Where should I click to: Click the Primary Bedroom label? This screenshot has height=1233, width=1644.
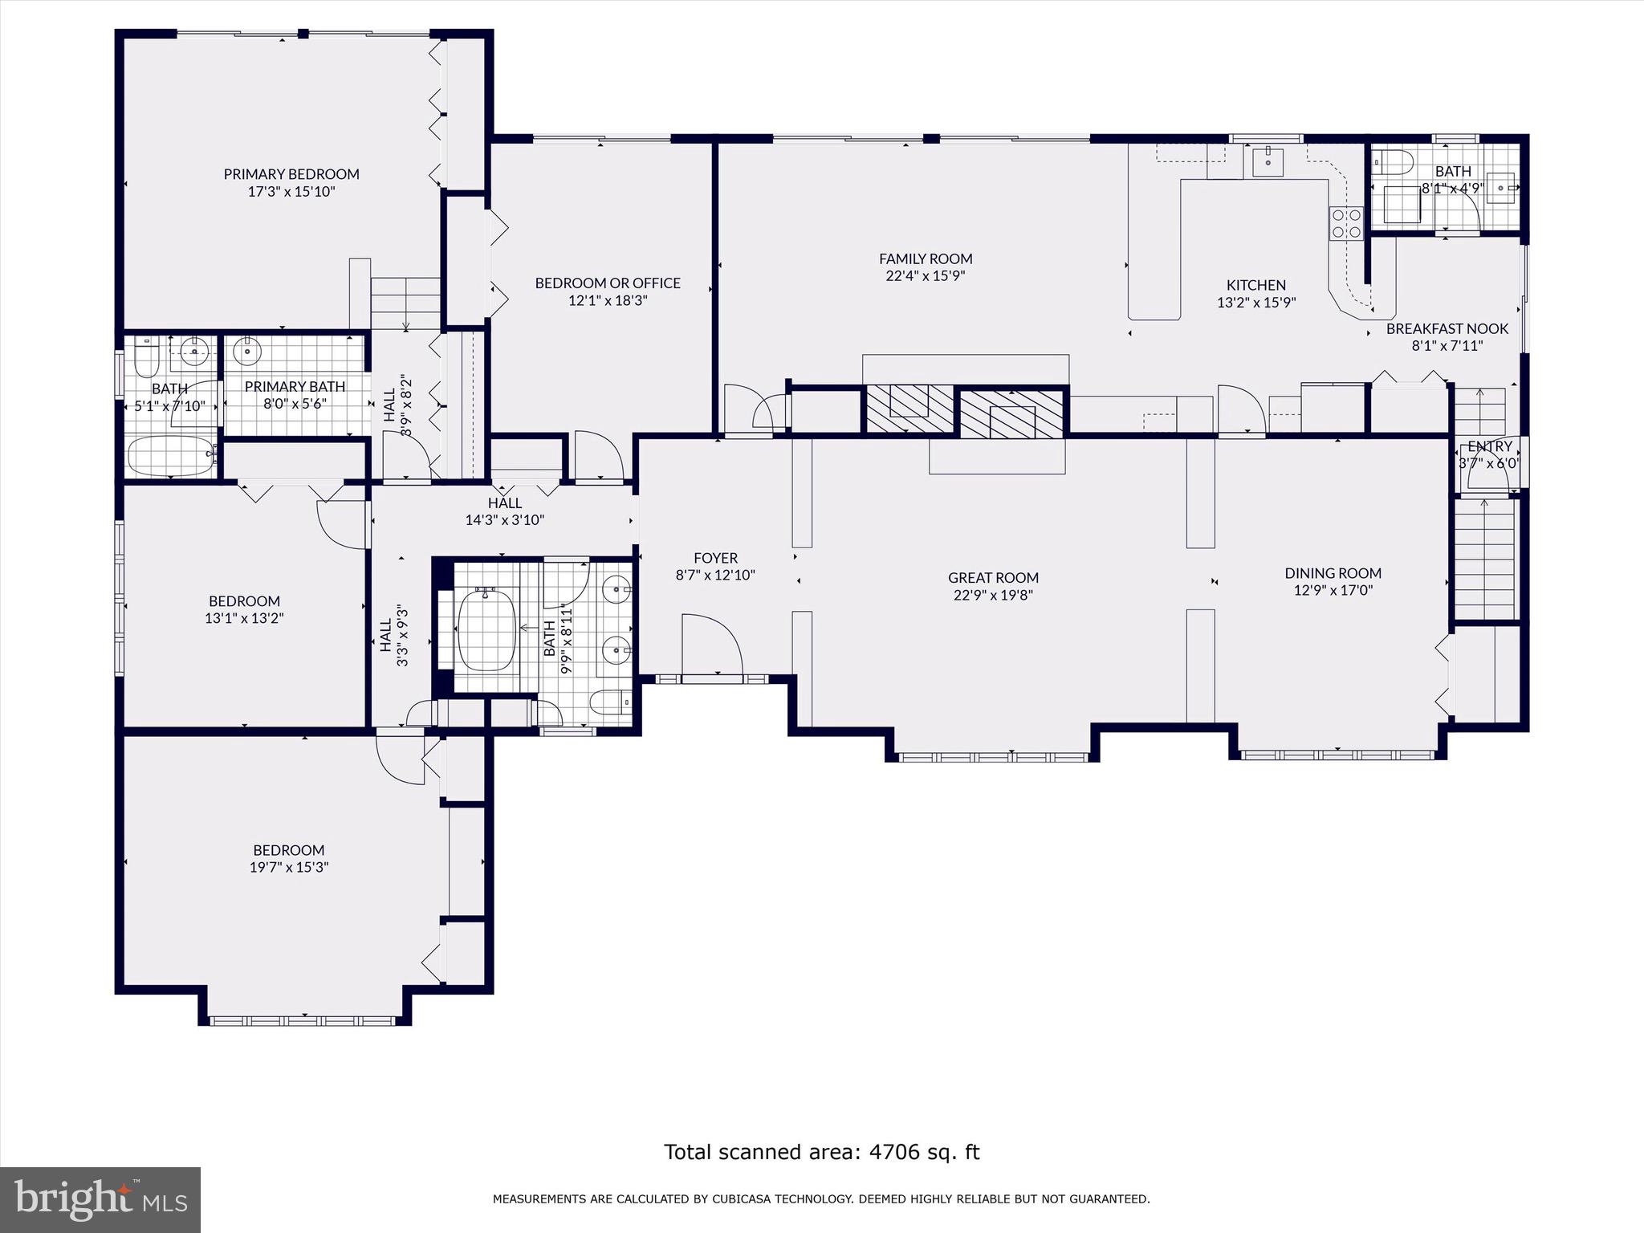click(291, 173)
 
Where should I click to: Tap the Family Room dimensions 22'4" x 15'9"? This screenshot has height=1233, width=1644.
click(925, 276)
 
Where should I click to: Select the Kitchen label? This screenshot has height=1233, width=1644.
click(1255, 285)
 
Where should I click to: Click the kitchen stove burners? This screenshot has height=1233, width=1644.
click(1346, 224)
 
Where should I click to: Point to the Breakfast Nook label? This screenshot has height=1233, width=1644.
click(1447, 328)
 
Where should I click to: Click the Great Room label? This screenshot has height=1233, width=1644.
click(993, 577)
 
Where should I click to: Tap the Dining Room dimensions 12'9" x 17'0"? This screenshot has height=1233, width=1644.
click(1333, 591)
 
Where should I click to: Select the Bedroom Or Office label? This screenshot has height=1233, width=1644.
click(607, 283)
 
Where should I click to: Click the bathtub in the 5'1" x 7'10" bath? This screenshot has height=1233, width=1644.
click(171, 455)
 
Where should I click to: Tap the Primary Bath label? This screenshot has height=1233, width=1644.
click(295, 386)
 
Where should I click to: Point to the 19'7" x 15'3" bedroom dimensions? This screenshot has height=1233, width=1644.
click(289, 868)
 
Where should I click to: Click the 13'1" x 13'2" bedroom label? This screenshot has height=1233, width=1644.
click(244, 601)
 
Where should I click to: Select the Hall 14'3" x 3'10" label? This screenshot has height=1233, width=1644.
click(504, 503)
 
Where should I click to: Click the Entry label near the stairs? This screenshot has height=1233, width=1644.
click(1489, 446)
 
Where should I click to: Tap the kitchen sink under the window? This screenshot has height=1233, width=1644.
click(1267, 162)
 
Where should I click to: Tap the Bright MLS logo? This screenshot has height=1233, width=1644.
click(100, 1199)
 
